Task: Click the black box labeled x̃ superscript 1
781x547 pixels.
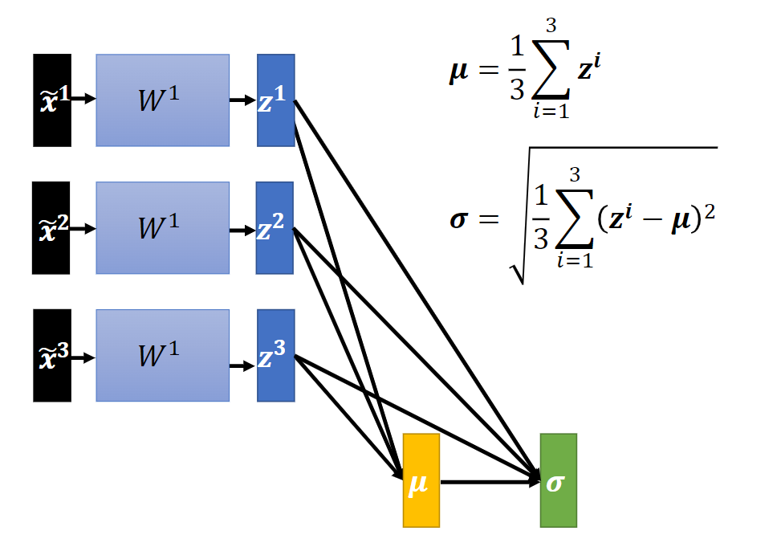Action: pyautogui.click(x=52, y=100)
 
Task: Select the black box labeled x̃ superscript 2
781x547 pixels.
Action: pyautogui.click(x=51, y=228)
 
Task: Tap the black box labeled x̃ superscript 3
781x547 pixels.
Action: pyautogui.click(x=52, y=356)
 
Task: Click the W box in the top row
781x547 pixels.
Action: pyautogui.click(x=163, y=100)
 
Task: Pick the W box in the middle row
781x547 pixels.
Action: pyautogui.click(x=163, y=228)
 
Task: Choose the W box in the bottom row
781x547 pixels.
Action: pyautogui.click(x=163, y=356)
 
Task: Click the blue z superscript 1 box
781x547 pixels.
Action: pyautogui.click(x=276, y=100)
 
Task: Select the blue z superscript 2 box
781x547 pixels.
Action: pyautogui.click(x=275, y=228)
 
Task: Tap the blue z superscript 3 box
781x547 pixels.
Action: pyautogui.click(x=276, y=356)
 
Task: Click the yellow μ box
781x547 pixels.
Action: pyautogui.click(x=421, y=480)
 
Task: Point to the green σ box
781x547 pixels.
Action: pyautogui.click(x=559, y=480)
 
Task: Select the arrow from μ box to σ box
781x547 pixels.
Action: pyautogui.click(x=490, y=482)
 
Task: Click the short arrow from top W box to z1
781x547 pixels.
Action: pyautogui.click(x=243, y=100)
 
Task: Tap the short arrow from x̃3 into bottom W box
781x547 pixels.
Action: pyautogui.click(x=83, y=357)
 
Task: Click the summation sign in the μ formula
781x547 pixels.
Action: pyautogui.click(x=551, y=69)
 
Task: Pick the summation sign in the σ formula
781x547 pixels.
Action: pyautogui.click(x=574, y=218)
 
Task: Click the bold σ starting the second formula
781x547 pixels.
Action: pyautogui.click(x=459, y=219)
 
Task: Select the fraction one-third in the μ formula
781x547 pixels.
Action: pyautogui.click(x=517, y=68)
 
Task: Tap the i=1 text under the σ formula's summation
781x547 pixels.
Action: pyautogui.click(x=576, y=260)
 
